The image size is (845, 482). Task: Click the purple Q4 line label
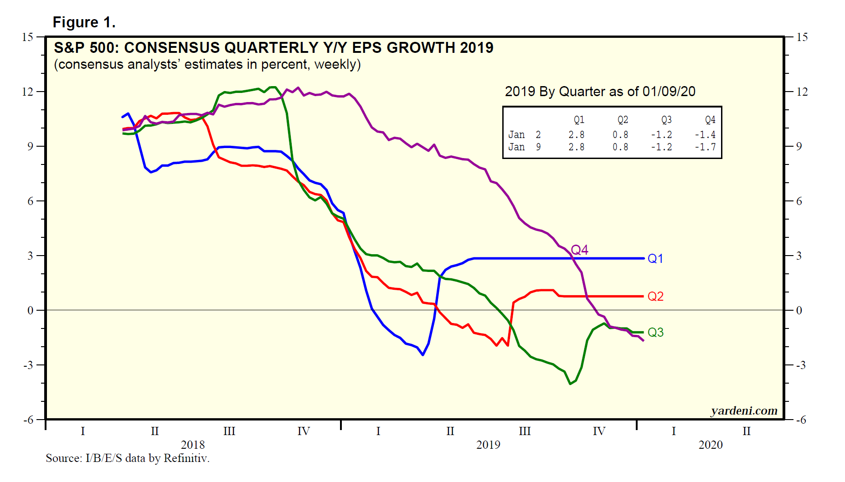coord(579,250)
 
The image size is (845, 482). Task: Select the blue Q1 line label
coord(655,259)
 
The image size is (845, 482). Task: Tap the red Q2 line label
coord(655,297)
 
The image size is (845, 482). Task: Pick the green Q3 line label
coord(655,333)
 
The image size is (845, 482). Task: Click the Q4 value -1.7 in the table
coord(705,147)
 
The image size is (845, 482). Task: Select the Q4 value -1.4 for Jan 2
coord(705,135)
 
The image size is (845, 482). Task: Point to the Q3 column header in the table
coord(666,120)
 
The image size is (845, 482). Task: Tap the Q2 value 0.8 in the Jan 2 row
coord(620,135)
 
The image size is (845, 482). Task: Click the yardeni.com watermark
coord(744,411)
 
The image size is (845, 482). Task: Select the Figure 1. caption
coord(84,22)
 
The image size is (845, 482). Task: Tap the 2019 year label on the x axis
coord(488,445)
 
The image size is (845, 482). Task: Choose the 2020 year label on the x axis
coord(711,445)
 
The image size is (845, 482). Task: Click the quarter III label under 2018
coord(229,431)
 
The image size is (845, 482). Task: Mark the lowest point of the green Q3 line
coord(570,384)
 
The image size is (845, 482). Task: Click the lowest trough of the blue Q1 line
coord(423,355)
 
